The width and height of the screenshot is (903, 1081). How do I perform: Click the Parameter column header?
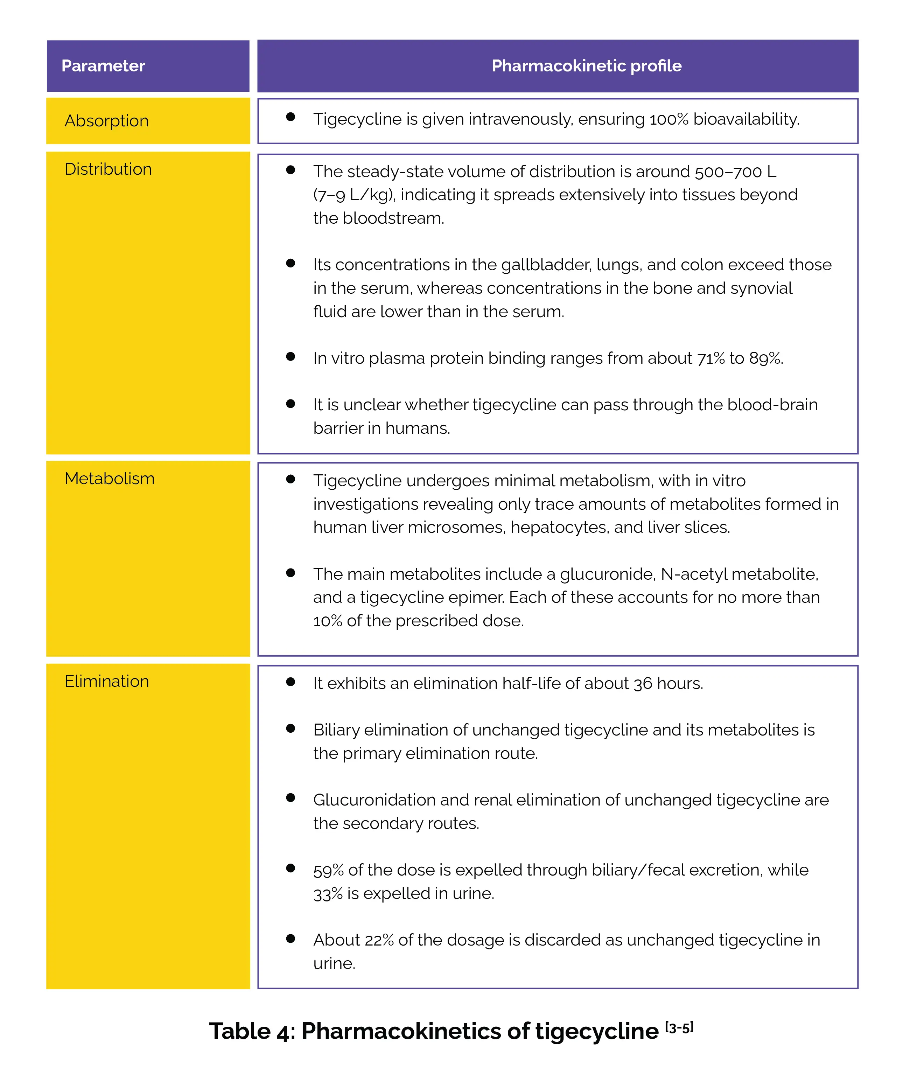pyautogui.click(x=103, y=66)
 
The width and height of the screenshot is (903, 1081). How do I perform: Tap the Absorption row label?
pyautogui.click(x=106, y=121)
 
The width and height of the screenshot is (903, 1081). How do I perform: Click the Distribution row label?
pyautogui.click(x=108, y=169)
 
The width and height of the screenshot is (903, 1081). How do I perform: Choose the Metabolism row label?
pyautogui.click(x=109, y=479)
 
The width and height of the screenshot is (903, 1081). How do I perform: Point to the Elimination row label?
pyautogui.click(x=106, y=682)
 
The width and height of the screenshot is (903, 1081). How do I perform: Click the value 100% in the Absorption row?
pyautogui.click(x=668, y=119)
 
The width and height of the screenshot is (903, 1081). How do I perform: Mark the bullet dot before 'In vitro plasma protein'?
pyautogui.click(x=291, y=357)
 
